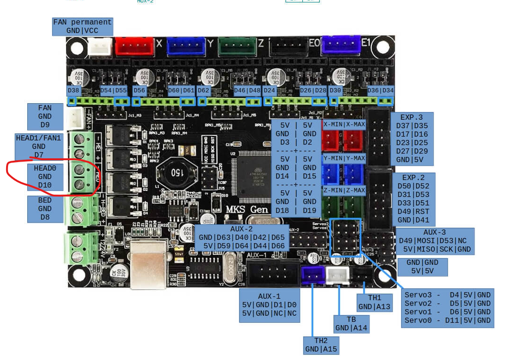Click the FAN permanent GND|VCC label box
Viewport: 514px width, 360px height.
pos(82,26)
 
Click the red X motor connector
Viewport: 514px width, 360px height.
pos(134,46)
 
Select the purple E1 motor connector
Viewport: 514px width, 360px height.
pos(340,45)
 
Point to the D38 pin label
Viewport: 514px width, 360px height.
pos(73,90)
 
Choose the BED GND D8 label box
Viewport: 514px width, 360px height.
pos(45,209)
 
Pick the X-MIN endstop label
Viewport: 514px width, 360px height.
pos(333,124)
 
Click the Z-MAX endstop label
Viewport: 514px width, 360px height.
pos(355,190)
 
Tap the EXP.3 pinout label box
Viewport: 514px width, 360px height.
pos(412,139)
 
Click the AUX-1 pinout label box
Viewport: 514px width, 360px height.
pos(269,305)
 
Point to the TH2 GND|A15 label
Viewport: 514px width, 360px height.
pos(321,344)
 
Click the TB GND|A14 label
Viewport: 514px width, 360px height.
pos(351,324)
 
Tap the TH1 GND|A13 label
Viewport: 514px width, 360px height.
pos(375,303)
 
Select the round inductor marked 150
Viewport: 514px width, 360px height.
pos(172,173)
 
